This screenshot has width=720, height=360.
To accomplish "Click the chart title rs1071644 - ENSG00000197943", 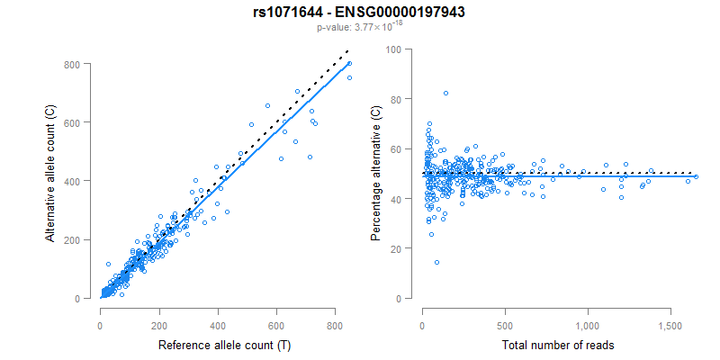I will click(359, 12).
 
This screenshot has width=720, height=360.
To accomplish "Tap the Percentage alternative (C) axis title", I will click(376, 175).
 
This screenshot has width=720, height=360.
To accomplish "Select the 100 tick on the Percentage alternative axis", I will click(392, 49).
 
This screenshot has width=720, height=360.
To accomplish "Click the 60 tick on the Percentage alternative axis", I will click(395, 148).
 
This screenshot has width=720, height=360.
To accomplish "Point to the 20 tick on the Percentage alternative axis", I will click(395, 248).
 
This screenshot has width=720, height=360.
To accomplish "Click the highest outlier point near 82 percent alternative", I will click(445, 94).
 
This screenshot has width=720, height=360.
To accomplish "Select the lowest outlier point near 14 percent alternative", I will click(436, 263).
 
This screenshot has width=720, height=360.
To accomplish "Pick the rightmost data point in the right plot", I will click(696, 176).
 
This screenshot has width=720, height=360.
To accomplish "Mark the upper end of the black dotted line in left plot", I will click(347, 52).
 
